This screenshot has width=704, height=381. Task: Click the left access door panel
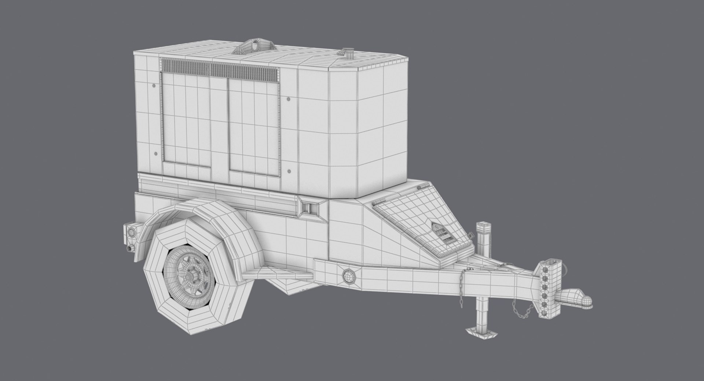[186, 123]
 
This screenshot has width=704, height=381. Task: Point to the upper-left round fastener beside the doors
[153, 85]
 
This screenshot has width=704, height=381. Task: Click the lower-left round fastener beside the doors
[155, 154]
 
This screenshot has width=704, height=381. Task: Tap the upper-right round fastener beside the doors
[289, 99]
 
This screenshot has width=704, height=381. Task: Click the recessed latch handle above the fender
[308, 207]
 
